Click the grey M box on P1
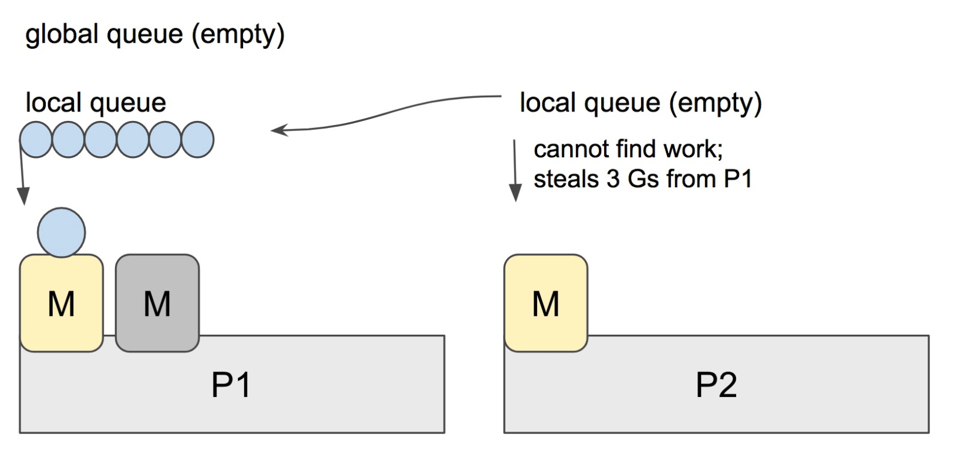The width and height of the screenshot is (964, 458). pos(157,303)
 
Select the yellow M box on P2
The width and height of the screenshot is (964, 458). pos(545,303)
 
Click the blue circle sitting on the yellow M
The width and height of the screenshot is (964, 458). pos(61,233)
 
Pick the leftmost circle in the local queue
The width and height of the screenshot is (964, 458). pos(36,140)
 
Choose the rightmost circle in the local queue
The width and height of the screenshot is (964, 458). pos(197,140)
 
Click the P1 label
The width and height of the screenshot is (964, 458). pos(231,385)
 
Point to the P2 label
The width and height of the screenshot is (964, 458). pos(716,385)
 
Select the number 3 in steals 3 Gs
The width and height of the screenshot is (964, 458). pos(613,179)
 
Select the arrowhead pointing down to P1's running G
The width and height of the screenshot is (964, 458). pos(23,196)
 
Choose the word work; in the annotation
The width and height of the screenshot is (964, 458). pos(693,149)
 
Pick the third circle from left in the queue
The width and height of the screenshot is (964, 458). pos(100,140)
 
